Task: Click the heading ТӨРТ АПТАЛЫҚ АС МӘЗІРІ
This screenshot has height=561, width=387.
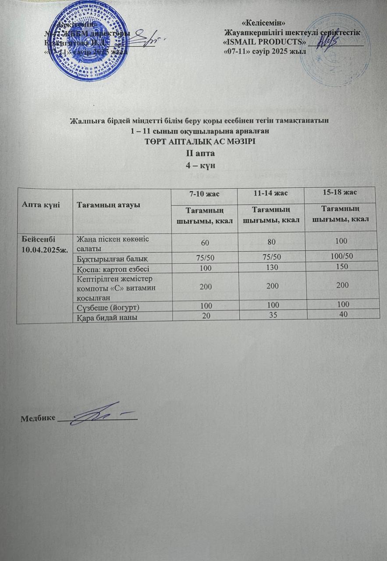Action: click(193, 142)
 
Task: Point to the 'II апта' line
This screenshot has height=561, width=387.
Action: click(193, 154)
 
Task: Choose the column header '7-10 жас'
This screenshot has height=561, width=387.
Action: click(203, 194)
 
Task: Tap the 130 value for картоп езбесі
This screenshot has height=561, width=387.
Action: click(271, 266)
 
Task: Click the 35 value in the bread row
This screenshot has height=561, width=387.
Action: click(271, 314)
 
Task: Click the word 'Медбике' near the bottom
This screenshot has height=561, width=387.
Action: click(38, 418)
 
